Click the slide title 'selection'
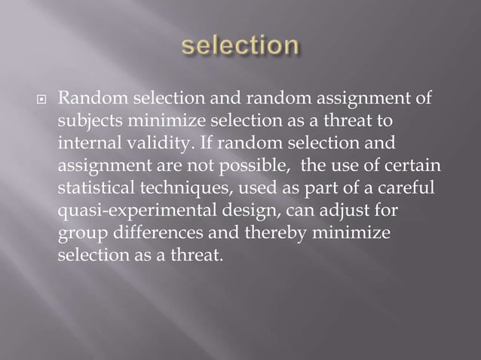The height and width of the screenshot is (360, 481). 240,45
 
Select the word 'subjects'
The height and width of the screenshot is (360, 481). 85,121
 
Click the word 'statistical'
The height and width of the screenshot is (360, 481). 92,187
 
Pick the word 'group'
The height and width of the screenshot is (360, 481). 78,232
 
